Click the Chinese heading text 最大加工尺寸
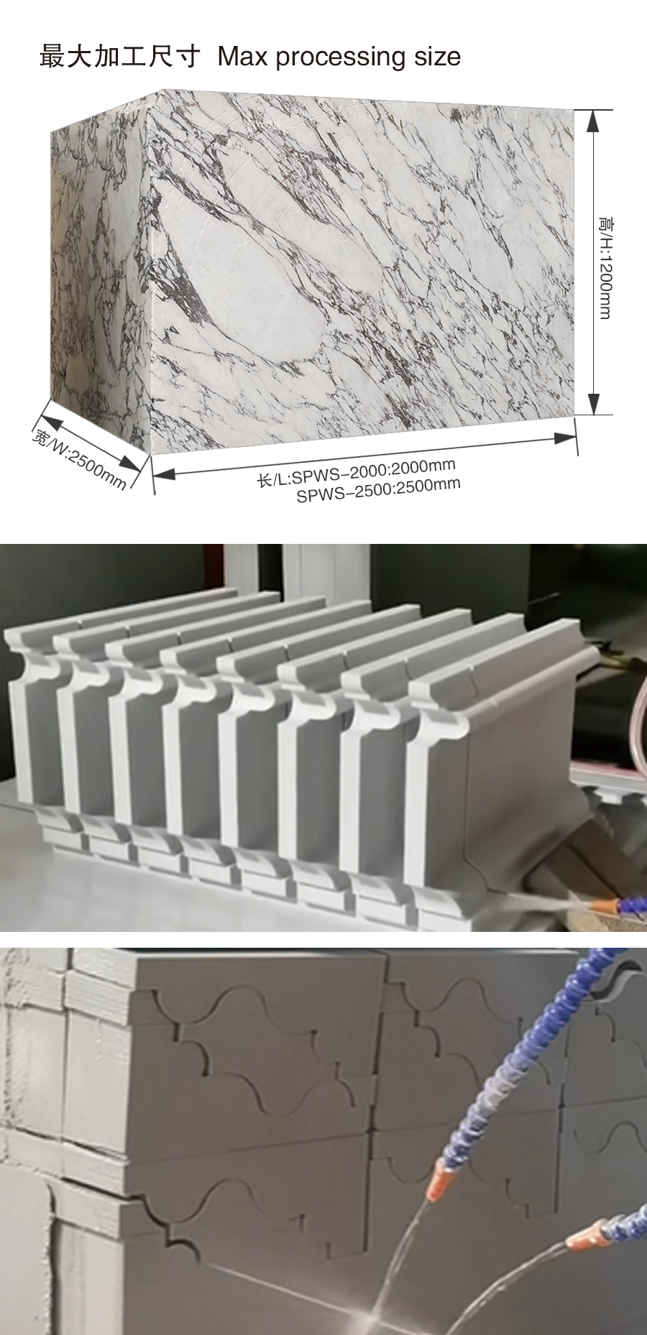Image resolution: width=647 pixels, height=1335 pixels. [119, 56]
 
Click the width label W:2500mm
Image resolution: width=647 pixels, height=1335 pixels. [78, 458]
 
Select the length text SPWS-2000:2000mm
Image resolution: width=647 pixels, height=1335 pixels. [357, 473]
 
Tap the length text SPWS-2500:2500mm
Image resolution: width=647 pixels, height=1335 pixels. [379, 490]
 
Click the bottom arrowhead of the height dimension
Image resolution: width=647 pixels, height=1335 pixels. [593, 403]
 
